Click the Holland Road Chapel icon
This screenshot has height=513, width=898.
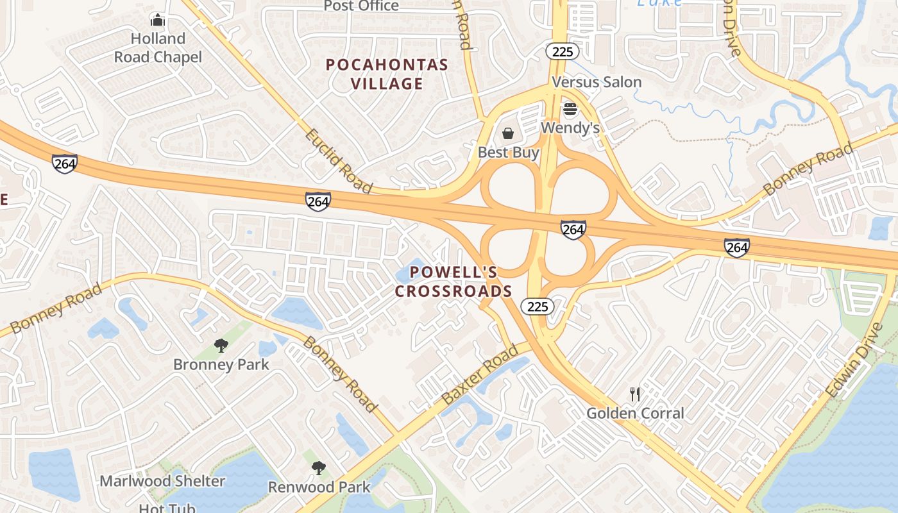pos(158,20)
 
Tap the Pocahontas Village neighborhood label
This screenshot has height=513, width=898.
pos(387,74)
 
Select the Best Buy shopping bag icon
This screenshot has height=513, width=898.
pos(508,133)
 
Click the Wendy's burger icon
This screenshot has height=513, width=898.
pos(570,110)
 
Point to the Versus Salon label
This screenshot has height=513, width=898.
pos(597,82)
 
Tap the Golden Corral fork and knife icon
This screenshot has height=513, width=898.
pos(635,394)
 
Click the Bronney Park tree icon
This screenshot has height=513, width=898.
pos(221,346)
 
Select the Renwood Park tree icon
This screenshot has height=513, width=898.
pos(319,468)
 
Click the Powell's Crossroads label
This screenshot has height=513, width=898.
pos(453,282)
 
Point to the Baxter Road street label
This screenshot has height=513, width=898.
pos(480,375)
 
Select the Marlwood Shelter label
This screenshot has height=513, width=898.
pos(162,481)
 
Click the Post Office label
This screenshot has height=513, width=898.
pos(361,6)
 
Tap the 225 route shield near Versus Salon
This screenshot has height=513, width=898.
pos(563,52)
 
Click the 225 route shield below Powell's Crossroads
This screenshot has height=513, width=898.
pos(537,307)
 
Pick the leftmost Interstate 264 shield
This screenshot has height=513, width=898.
pos(65,164)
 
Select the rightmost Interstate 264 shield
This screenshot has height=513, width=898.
pos(737,247)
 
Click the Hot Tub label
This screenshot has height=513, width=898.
pos(167,508)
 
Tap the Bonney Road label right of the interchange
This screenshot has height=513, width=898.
pos(808,169)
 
